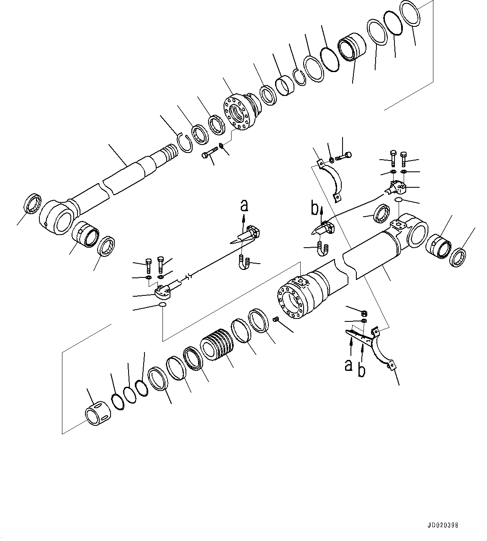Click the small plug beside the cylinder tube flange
point(276,320)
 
